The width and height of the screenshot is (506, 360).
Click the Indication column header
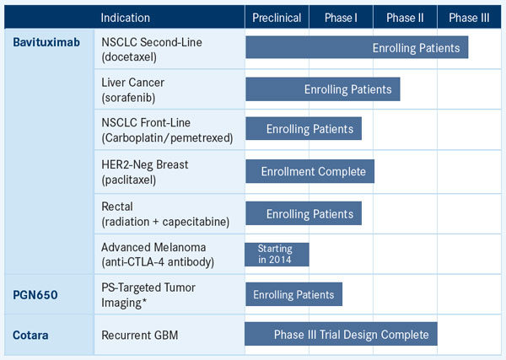click(125, 18)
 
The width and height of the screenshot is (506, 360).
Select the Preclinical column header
click(277, 18)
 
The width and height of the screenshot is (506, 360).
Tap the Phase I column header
click(341, 18)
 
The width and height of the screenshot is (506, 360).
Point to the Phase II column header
click(405, 18)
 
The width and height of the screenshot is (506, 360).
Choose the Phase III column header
click(469, 18)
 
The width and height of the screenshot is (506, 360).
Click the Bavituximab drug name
click(46, 42)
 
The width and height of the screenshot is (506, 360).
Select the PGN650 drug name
click(35, 295)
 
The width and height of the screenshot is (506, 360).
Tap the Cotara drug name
click(30, 336)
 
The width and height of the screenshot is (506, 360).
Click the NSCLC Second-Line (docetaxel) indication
click(152, 50)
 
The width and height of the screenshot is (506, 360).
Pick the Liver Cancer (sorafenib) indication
click(132, 90)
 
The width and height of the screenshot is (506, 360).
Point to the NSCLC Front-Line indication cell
click(167, 130)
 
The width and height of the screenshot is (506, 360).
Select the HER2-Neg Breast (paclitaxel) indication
click(144, 172)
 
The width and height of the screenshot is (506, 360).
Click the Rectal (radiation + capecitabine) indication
click(165, 214)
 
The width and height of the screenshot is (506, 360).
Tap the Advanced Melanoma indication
click(158, 255)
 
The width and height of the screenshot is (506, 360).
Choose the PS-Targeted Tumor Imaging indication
click(148, 295)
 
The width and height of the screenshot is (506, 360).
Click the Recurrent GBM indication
click(140, 336)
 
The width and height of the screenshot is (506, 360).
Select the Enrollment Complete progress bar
click(310, 171)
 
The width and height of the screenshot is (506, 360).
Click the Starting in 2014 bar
click(277, 255)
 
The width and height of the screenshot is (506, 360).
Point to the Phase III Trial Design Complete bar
click(341, 334)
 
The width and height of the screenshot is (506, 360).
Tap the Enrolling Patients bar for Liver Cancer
click(323, 89)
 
